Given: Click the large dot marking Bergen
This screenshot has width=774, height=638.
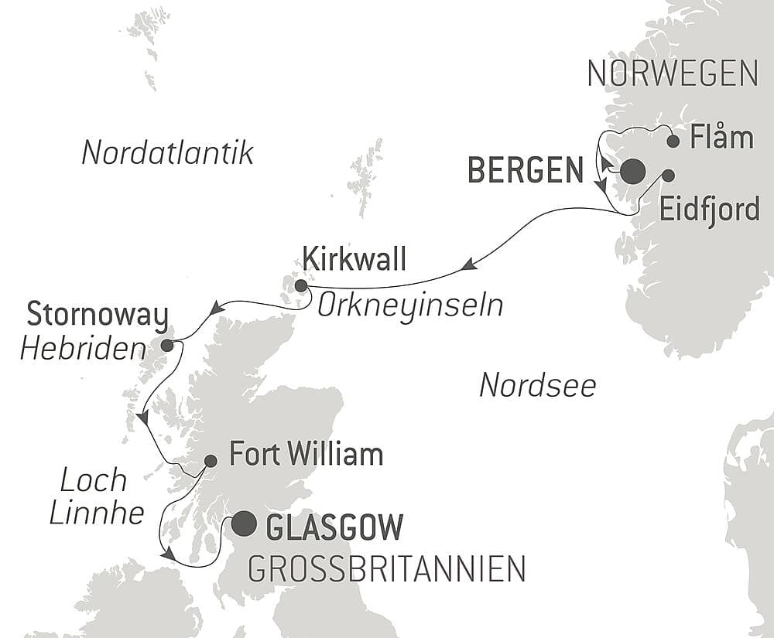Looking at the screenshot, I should pyautogui.click(x=632, y=171).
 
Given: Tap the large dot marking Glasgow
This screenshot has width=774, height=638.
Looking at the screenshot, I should pyautogui.click(x=244, y=524).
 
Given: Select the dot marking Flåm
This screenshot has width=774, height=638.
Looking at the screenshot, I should pyautogui.click(x=673, y=141).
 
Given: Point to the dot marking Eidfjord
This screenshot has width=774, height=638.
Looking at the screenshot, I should pyautogui.click(x=667, y=175).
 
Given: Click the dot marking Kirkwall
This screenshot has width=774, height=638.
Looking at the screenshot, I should pyautogui.click(x=301, y=285).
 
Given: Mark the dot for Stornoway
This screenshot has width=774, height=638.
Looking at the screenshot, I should pyautogui.click(x=166, y=345).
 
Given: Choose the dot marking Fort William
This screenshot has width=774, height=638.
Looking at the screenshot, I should pyautogui.click(x=210, y=461).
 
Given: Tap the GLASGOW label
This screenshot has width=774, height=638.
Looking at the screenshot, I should pyautogui.click(x=334, y=527).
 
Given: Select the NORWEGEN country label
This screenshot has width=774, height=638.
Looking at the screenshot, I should pyautogui.click(x=672, y=73).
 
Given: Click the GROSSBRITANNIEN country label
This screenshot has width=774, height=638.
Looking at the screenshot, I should pyautogui.click(x=386, y=569).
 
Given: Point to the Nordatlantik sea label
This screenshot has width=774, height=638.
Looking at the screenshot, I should pyautogui.click(x=167, y=153).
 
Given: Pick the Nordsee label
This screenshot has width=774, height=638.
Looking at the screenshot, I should pyautogui.click(x=537, y=384).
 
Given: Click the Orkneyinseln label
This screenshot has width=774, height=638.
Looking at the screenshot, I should pyautogui.click(x=409, y=305).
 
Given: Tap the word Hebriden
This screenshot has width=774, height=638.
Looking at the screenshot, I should pyautogui.click(x=83, y=350).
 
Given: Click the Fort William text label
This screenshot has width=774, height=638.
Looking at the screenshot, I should pyautogui.click(x=306, y=454).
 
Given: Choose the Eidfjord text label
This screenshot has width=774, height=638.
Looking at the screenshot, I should pyautogui.click(x=710, y=209).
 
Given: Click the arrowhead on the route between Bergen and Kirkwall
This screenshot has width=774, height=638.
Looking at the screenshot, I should pyautogui.click(x=467, y=265).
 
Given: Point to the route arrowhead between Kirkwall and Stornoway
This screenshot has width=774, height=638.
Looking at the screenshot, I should pyautogui.click(x=217, y=309).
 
